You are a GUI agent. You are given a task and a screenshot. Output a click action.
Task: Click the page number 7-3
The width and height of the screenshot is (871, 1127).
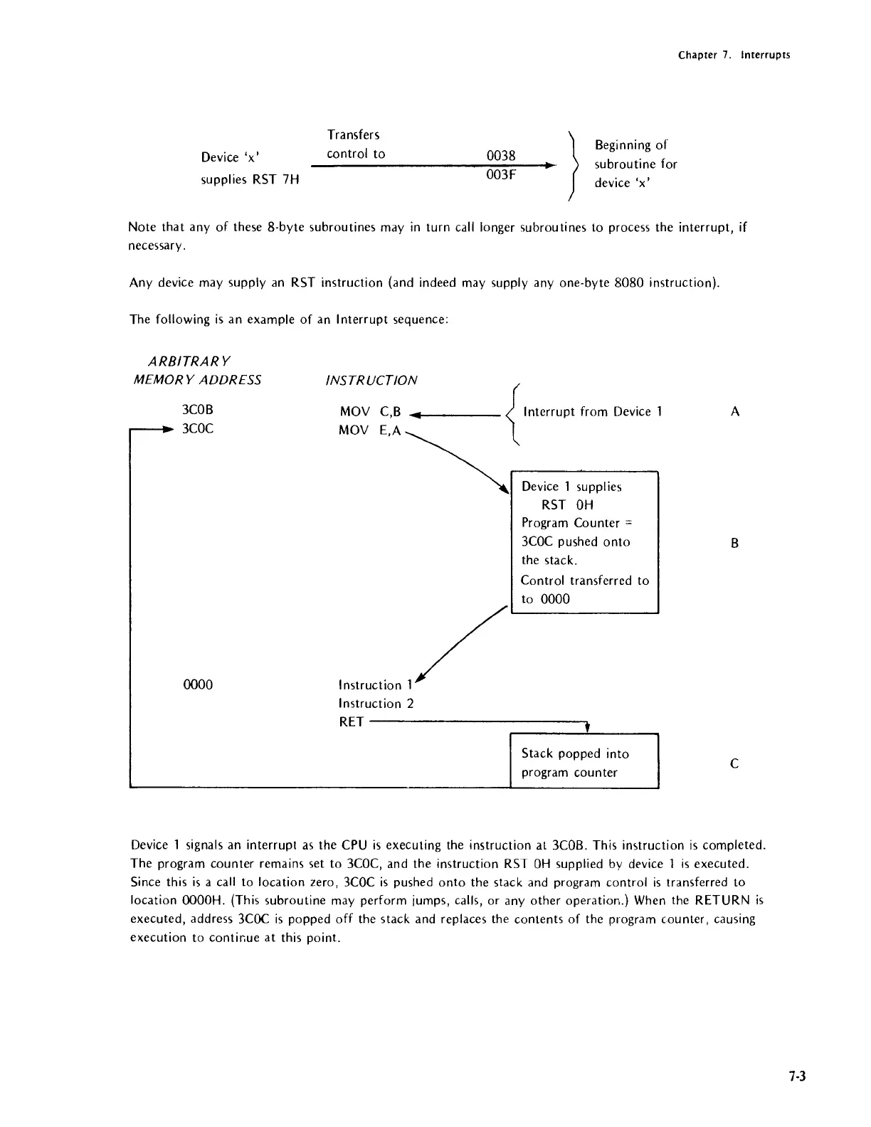[796, 1076]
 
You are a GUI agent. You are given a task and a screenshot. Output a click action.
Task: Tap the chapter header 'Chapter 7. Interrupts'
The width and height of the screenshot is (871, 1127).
[734, 55]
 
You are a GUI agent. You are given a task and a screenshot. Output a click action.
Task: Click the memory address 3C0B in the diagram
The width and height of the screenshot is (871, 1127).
[198, 411]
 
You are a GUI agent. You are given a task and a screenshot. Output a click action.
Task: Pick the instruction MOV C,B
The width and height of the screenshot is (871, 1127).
[371, 411]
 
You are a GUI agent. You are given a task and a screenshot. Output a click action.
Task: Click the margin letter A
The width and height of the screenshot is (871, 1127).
[735, 411]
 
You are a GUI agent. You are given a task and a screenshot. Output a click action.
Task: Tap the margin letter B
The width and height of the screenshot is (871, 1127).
[735, 544]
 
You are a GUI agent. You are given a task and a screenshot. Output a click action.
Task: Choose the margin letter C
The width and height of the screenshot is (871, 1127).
[735, 763]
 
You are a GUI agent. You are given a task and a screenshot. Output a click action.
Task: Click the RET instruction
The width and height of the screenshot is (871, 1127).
[352, 722]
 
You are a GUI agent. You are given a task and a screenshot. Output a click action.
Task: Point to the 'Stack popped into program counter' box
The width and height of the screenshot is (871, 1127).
[584, 762]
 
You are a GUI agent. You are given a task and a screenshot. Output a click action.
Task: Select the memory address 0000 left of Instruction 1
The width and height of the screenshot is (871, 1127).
[198, 684]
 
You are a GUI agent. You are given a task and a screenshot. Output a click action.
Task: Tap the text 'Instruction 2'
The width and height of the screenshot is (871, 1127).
[376, 704]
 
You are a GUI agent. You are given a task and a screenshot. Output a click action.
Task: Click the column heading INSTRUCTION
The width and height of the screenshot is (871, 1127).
[371, 380]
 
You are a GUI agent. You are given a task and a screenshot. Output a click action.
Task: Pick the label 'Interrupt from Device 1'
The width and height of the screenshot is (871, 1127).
[593, 411]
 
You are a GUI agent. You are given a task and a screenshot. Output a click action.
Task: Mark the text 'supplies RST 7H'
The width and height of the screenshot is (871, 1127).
[250, 179]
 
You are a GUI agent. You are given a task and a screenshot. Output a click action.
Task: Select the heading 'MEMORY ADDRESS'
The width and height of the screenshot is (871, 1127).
[198, 380]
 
